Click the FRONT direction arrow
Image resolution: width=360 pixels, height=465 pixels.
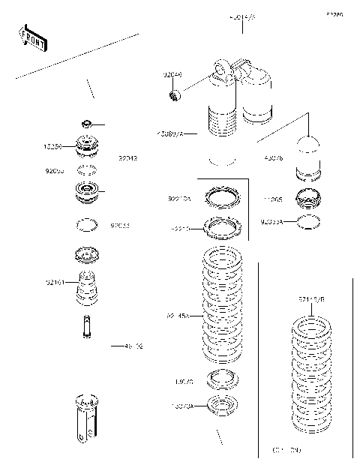(x=32, y=38)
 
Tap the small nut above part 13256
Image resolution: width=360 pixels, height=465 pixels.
(x=87, y=123)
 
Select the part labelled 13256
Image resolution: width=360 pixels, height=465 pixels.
(x=88, y=144)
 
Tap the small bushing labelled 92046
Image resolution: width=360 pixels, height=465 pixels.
(x=175, y=94)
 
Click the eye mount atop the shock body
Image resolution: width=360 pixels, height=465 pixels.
(x=223, y=68)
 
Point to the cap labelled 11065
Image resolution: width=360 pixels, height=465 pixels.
(x=309, y=200)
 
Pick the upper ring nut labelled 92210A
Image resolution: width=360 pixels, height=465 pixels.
(x=223, y=197)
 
